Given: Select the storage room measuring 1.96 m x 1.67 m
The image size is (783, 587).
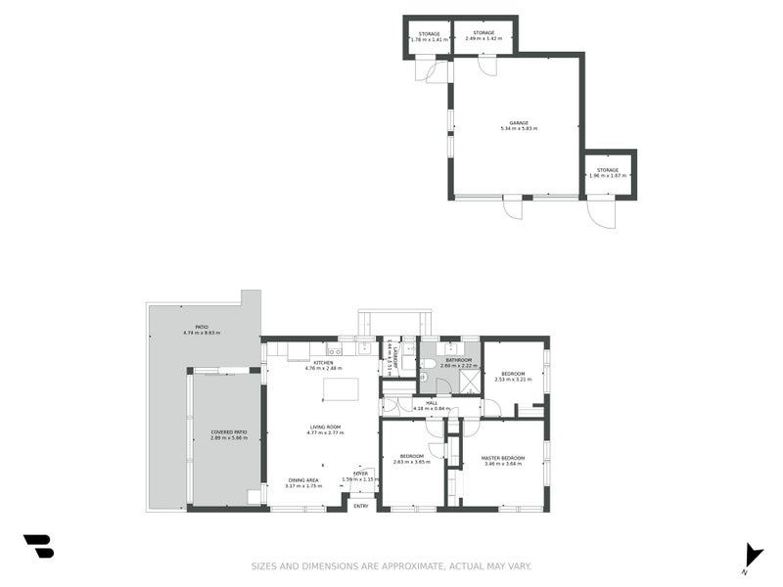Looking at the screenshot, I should coord(608,173).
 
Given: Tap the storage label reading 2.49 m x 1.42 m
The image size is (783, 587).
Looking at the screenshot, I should coord(484,36).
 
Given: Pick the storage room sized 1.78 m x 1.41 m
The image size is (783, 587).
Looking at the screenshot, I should coord(429,37).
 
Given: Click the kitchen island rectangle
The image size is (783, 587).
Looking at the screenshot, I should coord(341,389).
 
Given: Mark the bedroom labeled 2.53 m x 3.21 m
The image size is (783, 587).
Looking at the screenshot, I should coord(513,376).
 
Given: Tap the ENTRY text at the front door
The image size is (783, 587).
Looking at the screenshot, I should coord(361,506).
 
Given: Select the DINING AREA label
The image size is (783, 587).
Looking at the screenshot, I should coord(302,482).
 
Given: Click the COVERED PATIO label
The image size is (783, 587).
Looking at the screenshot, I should coord(228,434).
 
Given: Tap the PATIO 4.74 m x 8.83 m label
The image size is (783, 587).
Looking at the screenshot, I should coord(202,330).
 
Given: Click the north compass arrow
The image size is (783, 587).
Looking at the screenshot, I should coord(752,555).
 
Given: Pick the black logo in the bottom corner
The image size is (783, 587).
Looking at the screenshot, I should coord(38,546).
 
